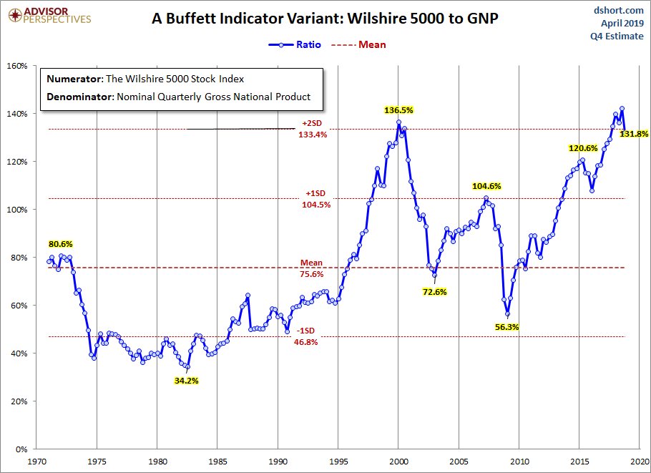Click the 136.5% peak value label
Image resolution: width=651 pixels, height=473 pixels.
[x=398, y=110]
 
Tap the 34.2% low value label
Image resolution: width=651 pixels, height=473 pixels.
[x=187, y=381]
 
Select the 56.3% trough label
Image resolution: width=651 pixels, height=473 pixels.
[x=507, y=327]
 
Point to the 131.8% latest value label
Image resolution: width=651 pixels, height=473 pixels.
[x=634, y=134]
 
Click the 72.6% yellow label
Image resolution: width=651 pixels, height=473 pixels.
[x=435, y=292]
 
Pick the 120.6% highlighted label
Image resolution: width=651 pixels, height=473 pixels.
[x=583, y=148]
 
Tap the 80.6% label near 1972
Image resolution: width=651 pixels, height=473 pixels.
[x=61, y=244]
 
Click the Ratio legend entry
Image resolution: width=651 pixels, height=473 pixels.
[x=295, y=44]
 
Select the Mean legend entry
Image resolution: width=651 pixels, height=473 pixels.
[x=358, y=44]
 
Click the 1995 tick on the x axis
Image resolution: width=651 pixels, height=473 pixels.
[x=338, y=462]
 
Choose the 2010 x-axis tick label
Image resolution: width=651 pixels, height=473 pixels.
[x=519, y=462]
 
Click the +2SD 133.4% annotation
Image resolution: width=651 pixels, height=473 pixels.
[x=312, y=129]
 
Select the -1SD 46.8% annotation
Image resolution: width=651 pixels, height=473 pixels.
[x=306, y=336]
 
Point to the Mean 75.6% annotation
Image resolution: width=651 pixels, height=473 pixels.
[x=311, y=268]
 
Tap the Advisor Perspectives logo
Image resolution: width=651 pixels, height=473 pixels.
[x=49, y=16]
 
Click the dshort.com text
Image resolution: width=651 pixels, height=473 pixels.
[x=618, y=11]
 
